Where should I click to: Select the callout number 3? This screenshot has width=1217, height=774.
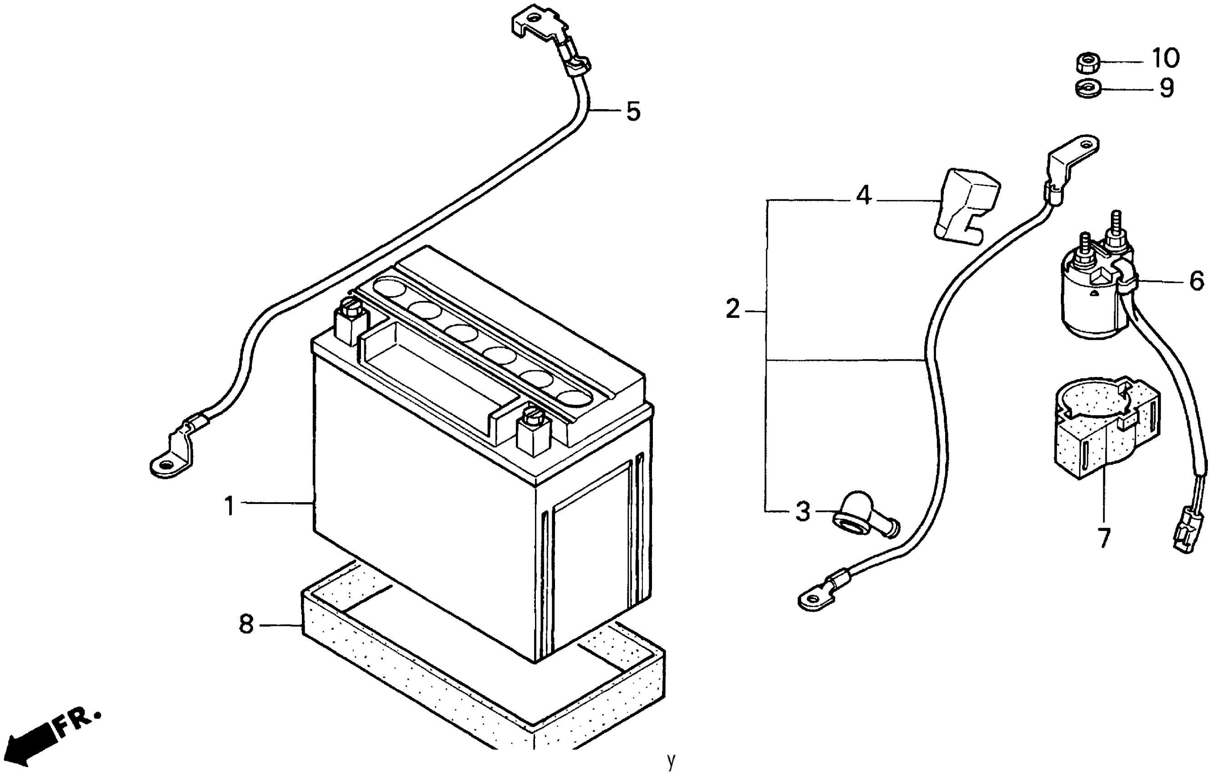coord(803,512)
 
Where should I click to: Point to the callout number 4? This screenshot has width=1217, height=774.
coord(864,196)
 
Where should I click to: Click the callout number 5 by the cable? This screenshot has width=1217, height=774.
coord(633,111)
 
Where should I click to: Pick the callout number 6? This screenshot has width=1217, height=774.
coord(1196,281)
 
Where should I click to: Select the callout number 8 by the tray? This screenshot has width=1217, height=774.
coord(246,624)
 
